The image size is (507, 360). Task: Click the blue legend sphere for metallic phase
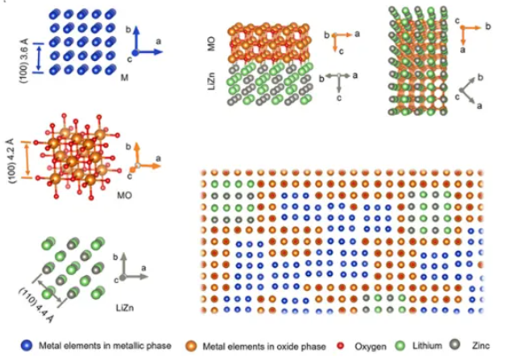27,346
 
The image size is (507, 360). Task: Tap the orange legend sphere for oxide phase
191,347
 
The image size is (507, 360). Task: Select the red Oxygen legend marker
340,346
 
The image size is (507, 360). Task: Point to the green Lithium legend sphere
400,346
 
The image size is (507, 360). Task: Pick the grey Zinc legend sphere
455,345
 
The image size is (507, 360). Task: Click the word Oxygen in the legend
370,347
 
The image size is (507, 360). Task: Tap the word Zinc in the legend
480,346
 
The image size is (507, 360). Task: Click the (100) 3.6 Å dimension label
25,60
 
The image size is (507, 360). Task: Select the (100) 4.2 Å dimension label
11,161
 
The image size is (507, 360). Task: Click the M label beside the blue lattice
125,78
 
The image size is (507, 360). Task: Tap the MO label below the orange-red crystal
125,195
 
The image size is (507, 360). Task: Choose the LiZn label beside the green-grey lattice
125,308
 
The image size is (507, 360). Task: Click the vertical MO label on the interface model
211,43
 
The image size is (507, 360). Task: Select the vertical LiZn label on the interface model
211,81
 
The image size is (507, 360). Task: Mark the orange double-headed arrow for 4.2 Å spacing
27,159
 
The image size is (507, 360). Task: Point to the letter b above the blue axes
128,30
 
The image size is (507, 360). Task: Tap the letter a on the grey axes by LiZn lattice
143,268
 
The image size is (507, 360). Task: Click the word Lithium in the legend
427,346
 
